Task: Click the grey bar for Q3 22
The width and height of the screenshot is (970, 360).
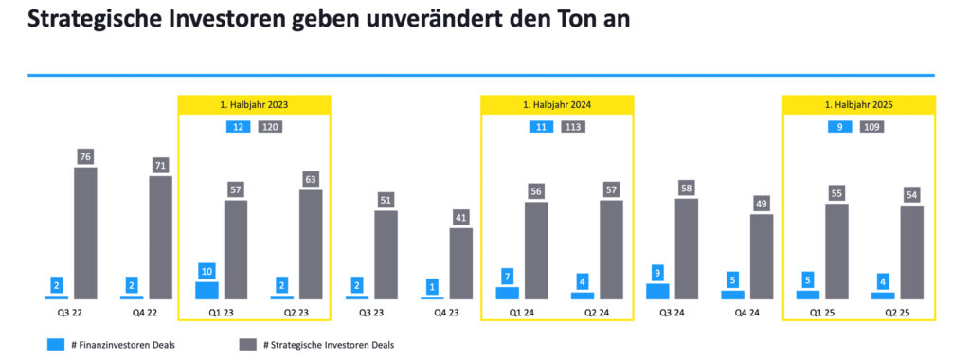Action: pyautogui.click(x=85, y=234)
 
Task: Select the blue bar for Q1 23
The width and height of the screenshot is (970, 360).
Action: pyautogui.click(x=207, y=290)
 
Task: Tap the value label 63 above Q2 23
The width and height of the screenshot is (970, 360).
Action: pyautogui.click(x=311, y=179)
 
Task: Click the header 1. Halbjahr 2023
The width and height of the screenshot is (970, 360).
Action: pyautogui.click(x=254, y=104)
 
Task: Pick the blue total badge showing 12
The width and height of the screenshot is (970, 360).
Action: pyautogui.click(x=237, y=127)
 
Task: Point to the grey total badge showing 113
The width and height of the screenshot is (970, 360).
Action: pyautogui.click(x=572, y=127)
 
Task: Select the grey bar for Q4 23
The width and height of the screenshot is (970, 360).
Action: pyautogui.click(x=461, y=263)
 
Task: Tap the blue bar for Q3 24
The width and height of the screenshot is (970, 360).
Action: pyautogui.click(x=657, y=291)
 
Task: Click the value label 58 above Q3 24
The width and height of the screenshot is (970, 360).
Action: pyautogui.click(x=687, y=188)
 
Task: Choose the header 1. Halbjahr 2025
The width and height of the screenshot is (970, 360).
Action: pyautogui.click(x=858, y=104)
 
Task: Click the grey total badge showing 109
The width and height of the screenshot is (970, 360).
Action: pyautogui.click(x=871, y=127)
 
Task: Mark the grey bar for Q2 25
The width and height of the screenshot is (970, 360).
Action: pyautogui.click(x=911, y=252)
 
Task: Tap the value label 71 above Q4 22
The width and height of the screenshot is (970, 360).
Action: pyautogui.click(x=161, y=166)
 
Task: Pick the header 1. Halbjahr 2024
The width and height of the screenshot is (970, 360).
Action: pyautogui.click(x=557, y=104)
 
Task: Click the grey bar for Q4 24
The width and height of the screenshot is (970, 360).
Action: pyautogui.click(x=762, y=257)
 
